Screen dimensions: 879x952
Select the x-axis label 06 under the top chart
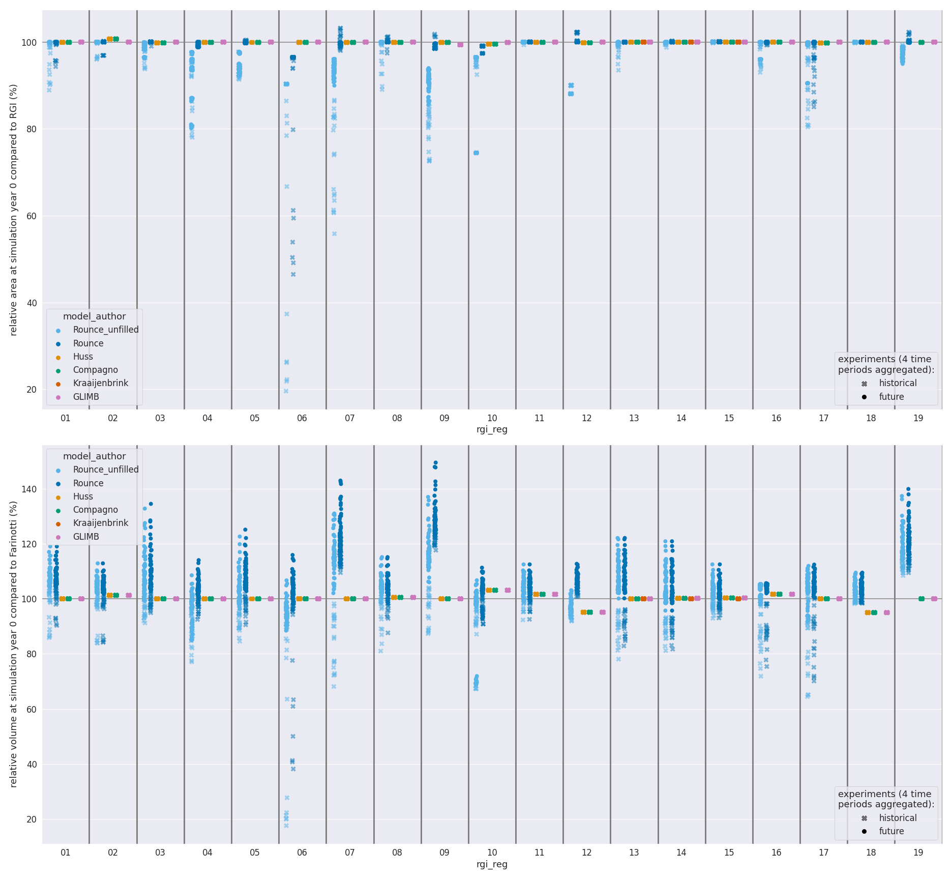tap(302, 418)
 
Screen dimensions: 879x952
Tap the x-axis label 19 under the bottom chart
tap(918, 853)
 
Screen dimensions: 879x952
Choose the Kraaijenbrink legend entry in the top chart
tap(100, 384)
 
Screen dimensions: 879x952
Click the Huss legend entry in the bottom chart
tap(83, 496)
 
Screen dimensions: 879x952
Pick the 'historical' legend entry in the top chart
tap(898, 384)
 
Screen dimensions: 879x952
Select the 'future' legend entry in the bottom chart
tap(891, 831)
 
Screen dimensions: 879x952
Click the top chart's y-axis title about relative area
tap(14, 210)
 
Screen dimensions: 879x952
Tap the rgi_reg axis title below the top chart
tap(492, 429)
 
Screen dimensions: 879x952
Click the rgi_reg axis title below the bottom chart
tap(492, 864)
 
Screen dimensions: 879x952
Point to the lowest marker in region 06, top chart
tap(286, 391)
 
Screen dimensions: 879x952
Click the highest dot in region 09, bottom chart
tap(435, 463)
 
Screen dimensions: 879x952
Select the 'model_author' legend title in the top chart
tap(94, 316)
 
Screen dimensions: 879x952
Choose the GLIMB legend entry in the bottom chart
tap(86, 537)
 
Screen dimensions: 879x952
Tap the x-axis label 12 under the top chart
tap(586, 418)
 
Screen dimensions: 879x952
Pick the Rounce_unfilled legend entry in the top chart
tap(105, 330)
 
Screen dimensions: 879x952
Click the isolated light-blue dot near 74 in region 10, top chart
tap(476, 153)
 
